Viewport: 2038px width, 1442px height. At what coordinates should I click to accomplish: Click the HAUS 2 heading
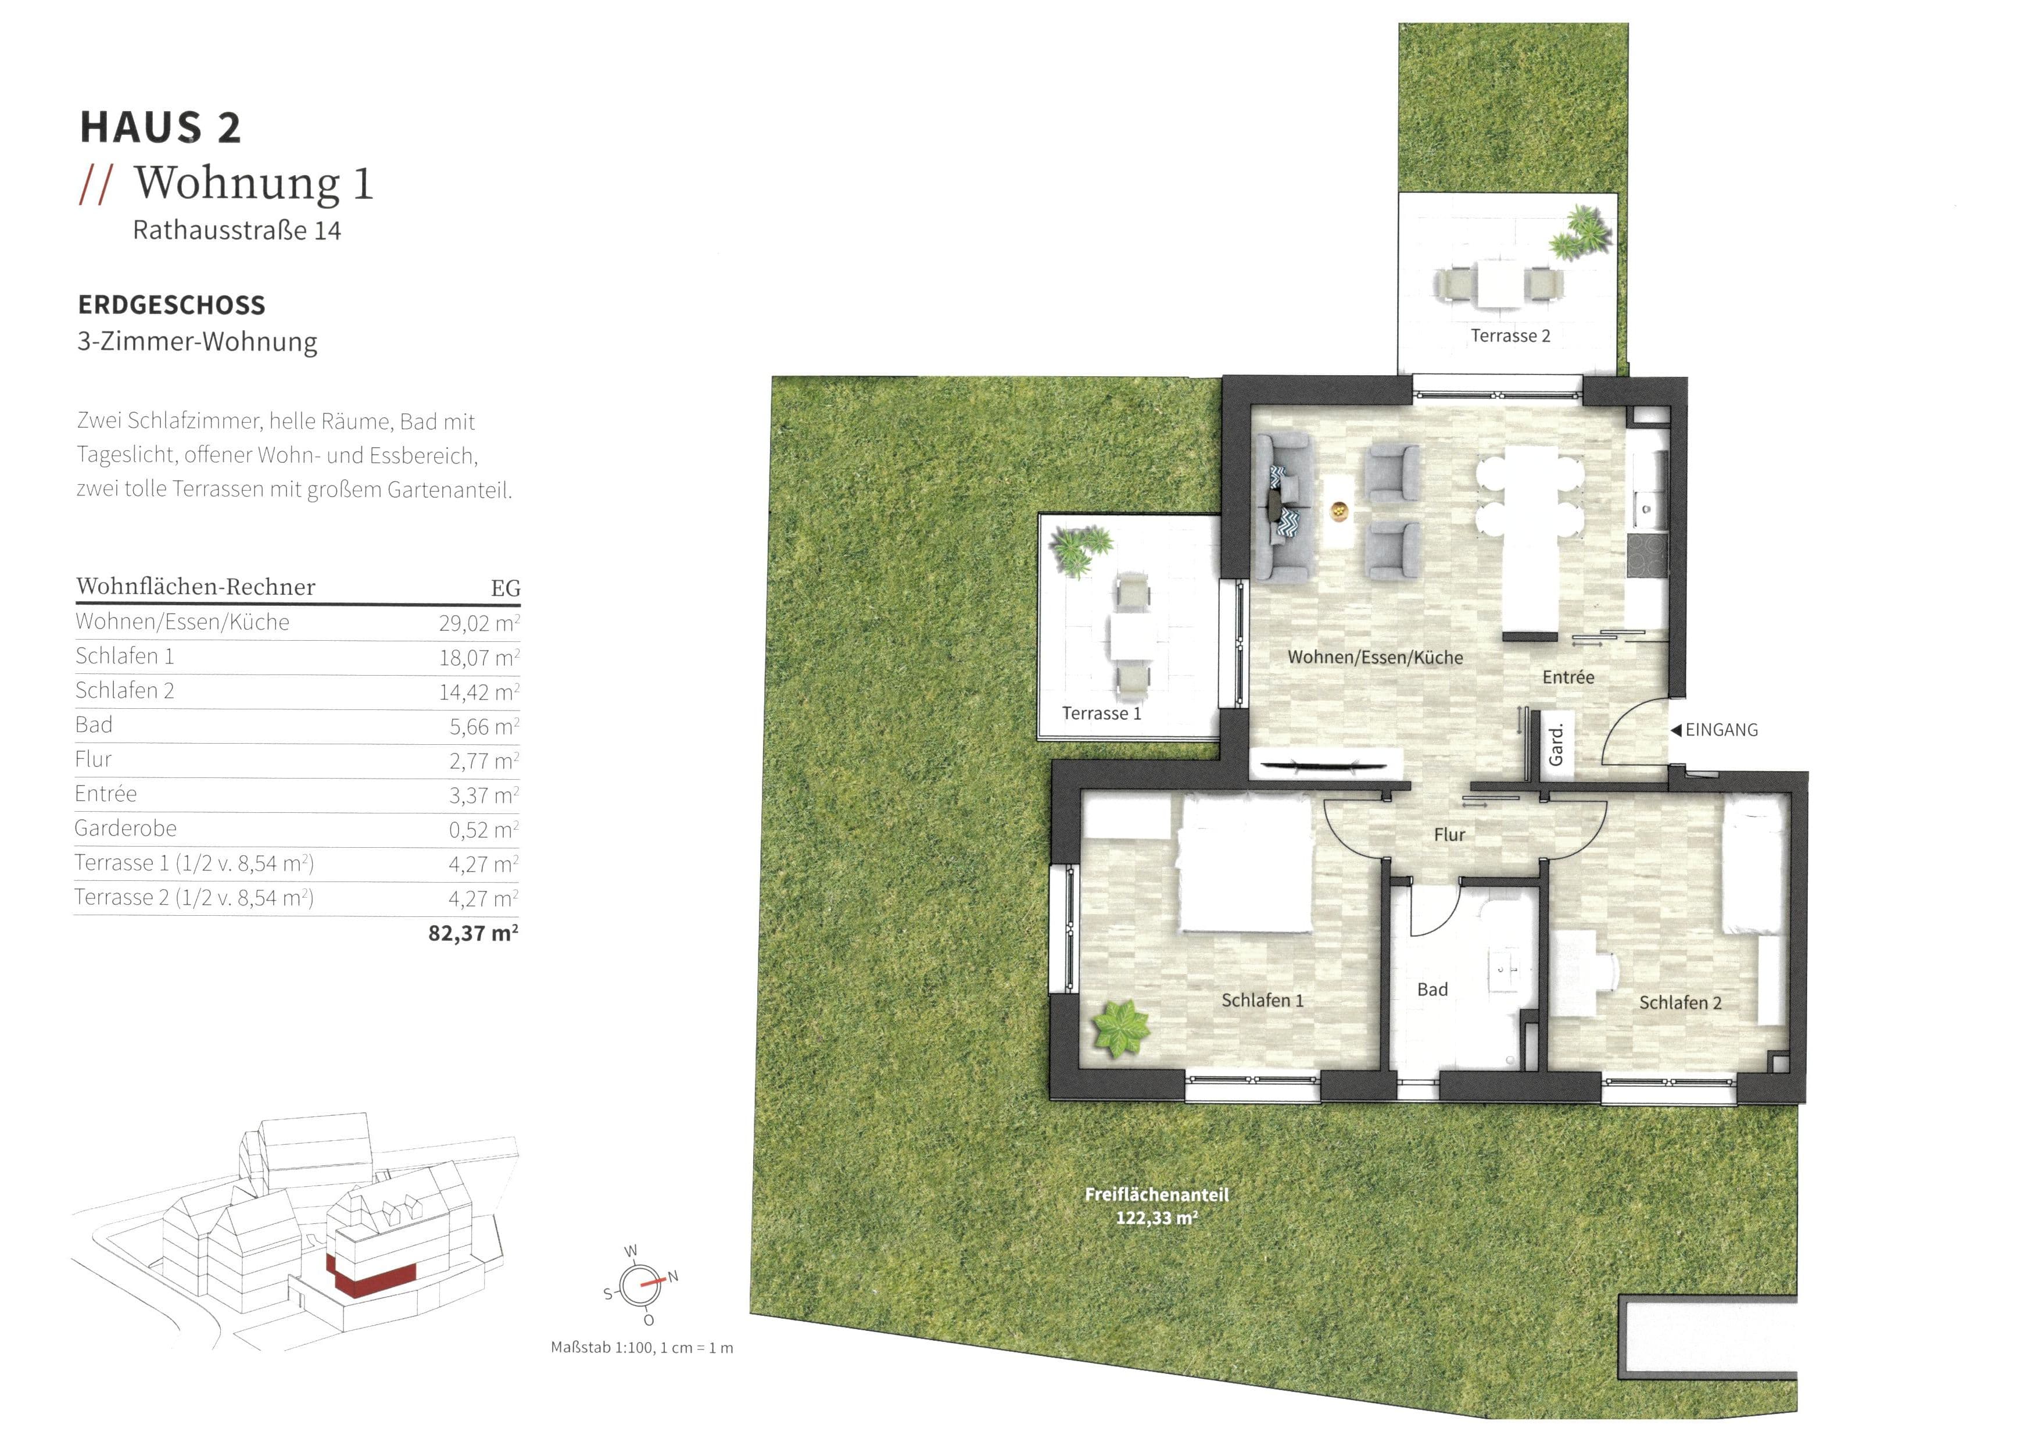pos(160,127)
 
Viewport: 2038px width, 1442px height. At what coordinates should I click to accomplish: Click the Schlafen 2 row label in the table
pos(124,691)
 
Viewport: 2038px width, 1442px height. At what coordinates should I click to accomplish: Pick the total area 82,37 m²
pos(473,933)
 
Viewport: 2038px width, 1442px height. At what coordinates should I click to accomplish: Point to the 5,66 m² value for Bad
pos(483,726)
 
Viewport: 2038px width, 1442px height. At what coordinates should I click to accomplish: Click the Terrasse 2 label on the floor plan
pos(1510,335)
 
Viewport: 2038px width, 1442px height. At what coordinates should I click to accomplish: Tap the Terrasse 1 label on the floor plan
pos(1101,713)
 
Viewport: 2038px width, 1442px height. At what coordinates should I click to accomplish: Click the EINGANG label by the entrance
pos(1720,730)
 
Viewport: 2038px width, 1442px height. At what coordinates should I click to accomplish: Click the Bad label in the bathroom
pos(1432,989)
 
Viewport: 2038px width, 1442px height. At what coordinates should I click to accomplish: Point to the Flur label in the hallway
pos(1449,834)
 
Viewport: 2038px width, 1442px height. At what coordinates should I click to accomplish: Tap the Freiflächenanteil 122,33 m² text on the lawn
pos(1156,1206)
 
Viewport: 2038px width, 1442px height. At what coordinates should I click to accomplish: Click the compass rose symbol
pos(639,1286)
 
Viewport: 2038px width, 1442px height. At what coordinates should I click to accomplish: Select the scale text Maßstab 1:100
pos(641,1348)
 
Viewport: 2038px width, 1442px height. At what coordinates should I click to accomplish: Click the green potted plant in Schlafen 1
pos(1121,1028)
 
